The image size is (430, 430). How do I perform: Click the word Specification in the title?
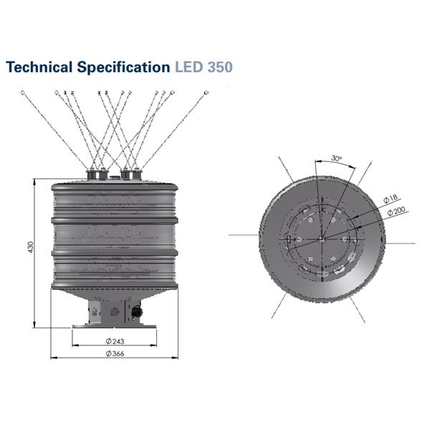pyautogui.click(x=123, y=68)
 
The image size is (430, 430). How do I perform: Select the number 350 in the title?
pyautogui.click(x=220, y=68)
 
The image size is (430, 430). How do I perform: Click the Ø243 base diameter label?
pyautogui.click(x=115, y=340)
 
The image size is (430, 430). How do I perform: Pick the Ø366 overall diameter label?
pyautogui.click(x=115, y=353)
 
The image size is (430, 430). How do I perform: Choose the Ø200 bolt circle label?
pyautogui.click(x=396, y=212)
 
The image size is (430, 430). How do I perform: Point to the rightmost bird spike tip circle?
pyautogui.click(x=206, y=92)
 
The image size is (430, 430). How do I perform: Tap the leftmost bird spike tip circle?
pyautogui.click(x=23, y=92)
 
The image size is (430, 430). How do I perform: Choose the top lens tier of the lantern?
pyautogui.click(x=115, y=201)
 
